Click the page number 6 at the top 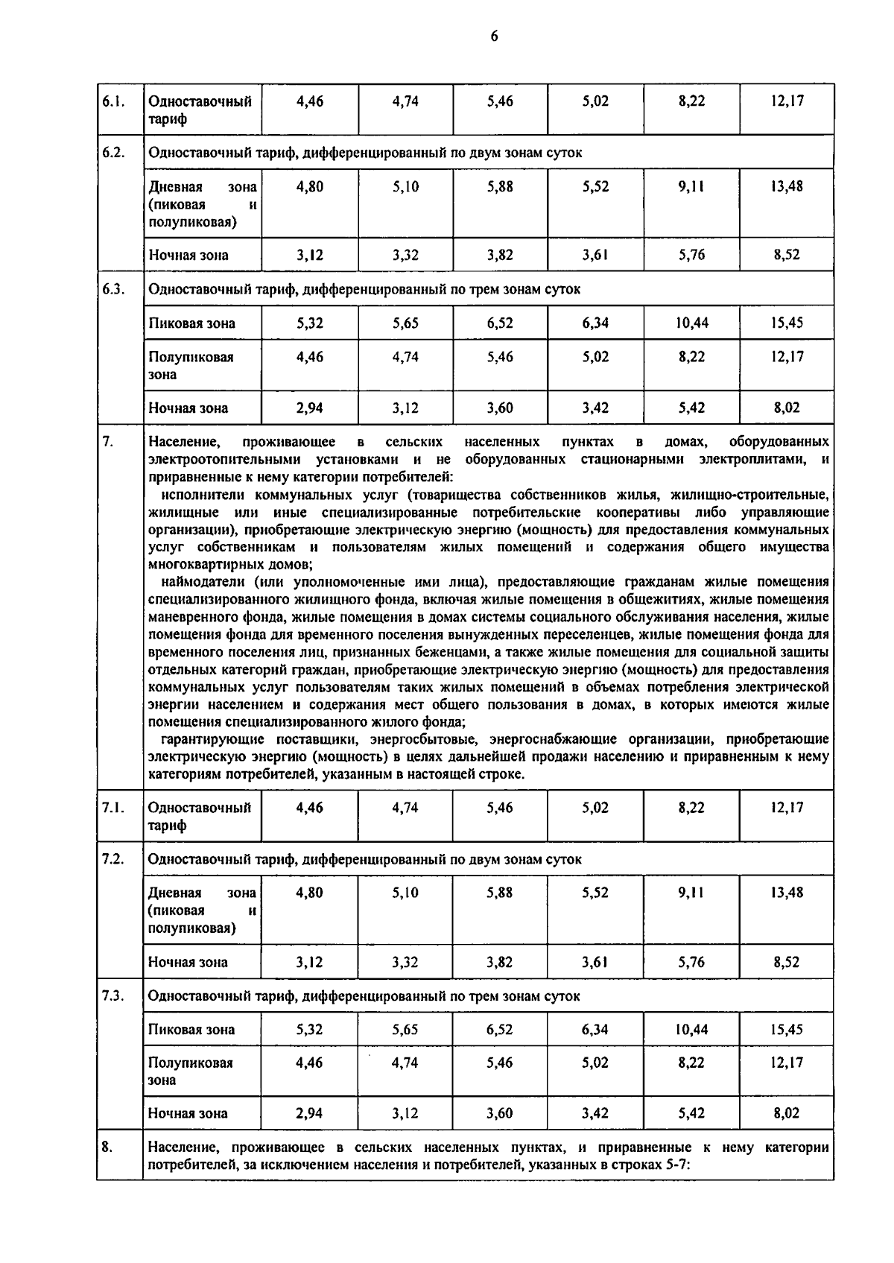tap(494, 37)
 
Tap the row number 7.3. tap(112, 996)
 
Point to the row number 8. tap(107, 1148)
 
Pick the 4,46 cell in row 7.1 tap(309, 808)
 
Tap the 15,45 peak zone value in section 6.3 tap(787, 323)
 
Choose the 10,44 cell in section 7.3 tap(691, 1030)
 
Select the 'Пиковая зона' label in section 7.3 tap(191, 1030)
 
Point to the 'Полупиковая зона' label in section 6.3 tap(191, 365)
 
